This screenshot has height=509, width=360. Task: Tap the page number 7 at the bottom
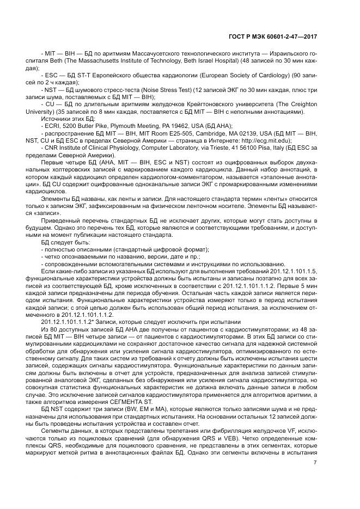pos(315,463)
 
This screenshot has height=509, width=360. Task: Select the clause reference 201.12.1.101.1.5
pos(295,271)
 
